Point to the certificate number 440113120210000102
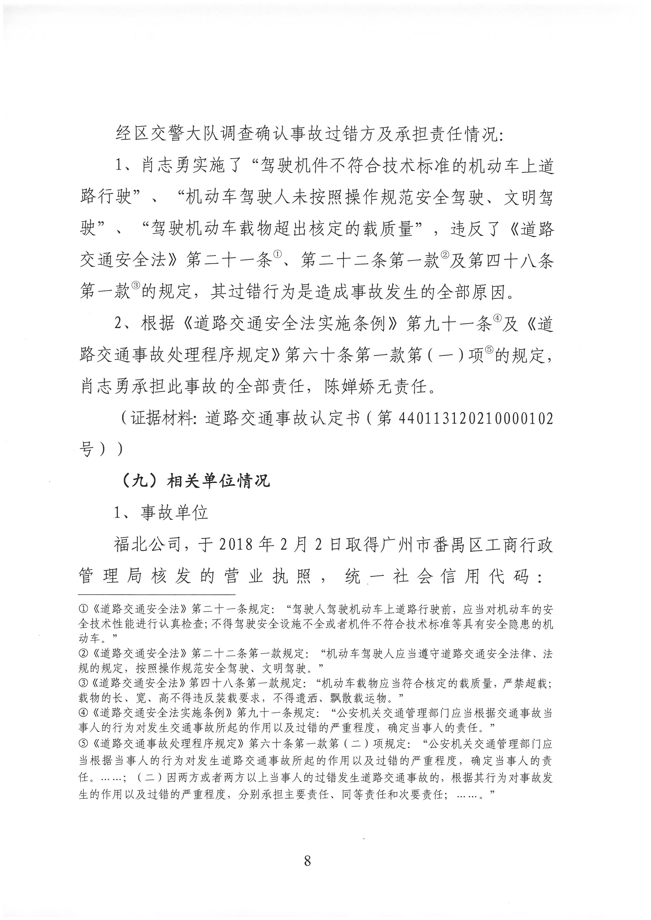pos(476,419)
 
